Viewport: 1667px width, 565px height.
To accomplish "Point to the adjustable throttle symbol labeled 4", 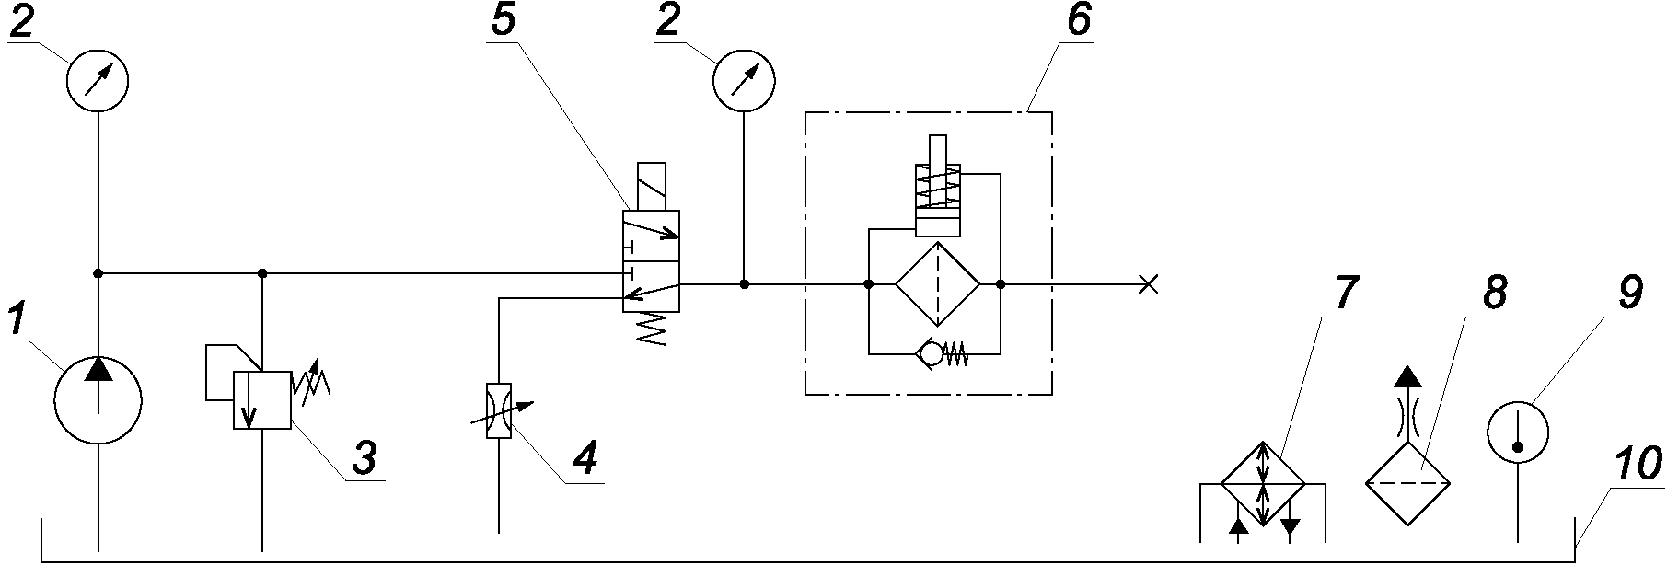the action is point(498,410).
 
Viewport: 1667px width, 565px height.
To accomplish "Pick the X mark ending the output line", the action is point(1148,284).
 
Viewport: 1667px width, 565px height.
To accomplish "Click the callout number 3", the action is point(364,458).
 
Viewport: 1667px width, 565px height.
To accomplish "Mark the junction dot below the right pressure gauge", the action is point(744,284).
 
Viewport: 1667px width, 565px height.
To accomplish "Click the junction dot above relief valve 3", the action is point(262,273).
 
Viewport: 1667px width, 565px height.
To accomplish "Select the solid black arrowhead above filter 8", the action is point(1407,376).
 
